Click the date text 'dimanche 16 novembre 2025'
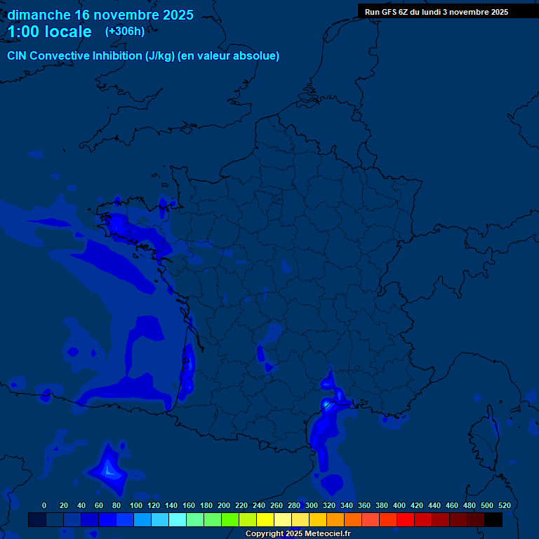tap(100, 15)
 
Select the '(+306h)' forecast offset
tap(124, 32)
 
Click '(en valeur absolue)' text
tap(229, 56)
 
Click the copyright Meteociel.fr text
tap(298, 534)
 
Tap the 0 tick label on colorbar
tap(44, 505)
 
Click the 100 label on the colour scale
tap(136, 505)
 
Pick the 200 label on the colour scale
tap(224, 505)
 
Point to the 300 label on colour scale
tap(312, 505)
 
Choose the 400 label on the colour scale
tap(399, 505)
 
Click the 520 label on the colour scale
tap(504, 505)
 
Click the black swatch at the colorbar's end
tap(493, 520)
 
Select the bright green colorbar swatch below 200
tap(230, 520)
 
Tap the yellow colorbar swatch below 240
tap(265, 520)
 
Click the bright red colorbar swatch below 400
tap(406, 520)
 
